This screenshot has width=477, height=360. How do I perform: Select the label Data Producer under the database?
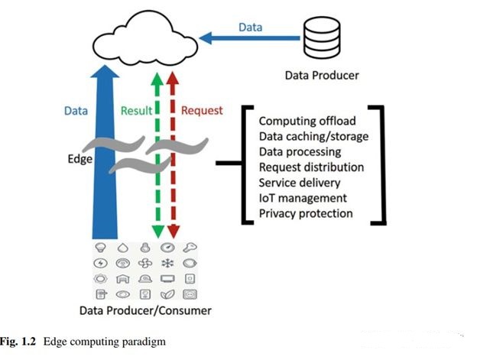click(321, 75)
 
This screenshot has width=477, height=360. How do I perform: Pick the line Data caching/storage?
click(313, 136)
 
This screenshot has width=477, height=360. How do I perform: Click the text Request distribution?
click(311, 167)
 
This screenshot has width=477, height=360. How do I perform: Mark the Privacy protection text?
click(306, 213)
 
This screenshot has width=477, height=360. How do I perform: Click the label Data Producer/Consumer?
click(145, 311)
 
